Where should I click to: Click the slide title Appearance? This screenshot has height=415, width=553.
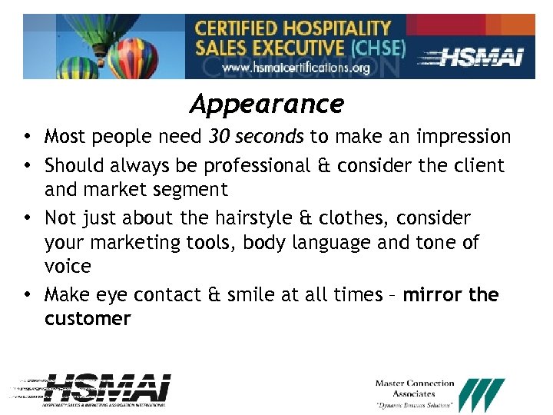267,103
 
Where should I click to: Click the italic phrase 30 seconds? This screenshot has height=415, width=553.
257,137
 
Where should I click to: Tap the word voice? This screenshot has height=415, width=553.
68,267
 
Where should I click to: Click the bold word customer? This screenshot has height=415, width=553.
88,318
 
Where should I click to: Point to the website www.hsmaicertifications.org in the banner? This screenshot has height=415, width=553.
296,68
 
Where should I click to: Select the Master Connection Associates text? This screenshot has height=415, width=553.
415,388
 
